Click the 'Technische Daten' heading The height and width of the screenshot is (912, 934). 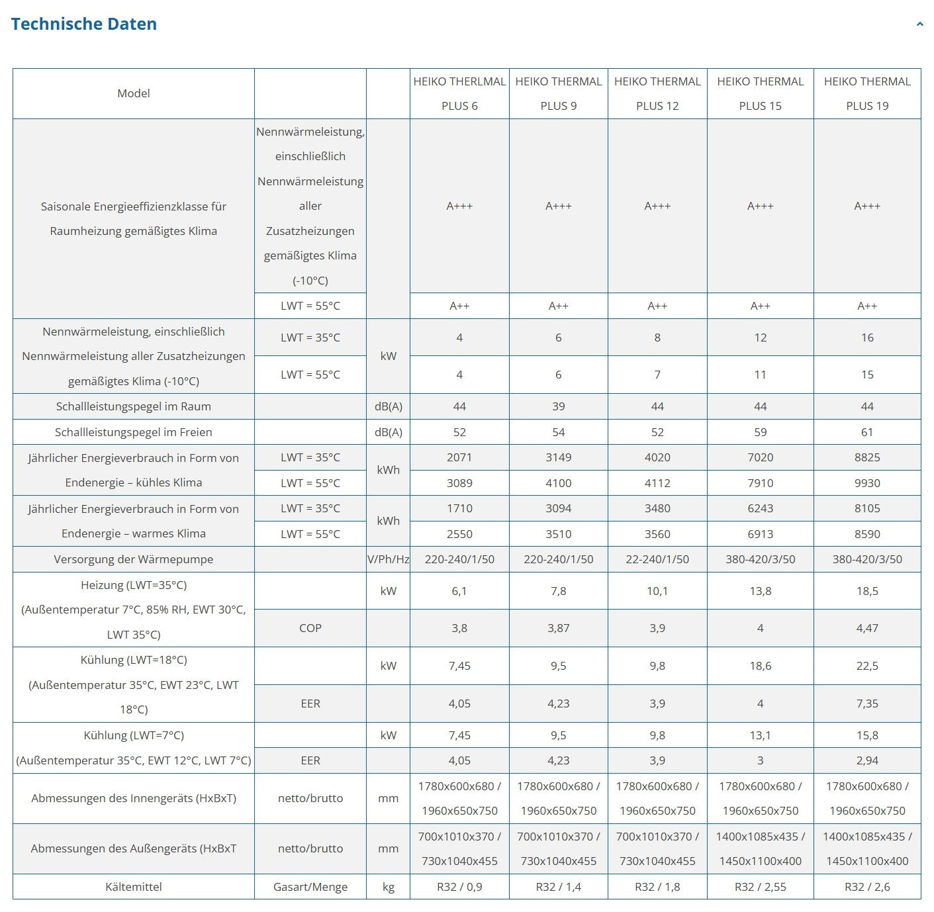[84, 24]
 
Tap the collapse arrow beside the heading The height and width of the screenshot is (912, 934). [919, 24]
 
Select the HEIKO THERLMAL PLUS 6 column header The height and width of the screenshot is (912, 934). [459, 93]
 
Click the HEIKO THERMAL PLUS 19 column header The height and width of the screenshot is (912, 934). [867, 93]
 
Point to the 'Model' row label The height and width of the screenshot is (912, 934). [134, 93]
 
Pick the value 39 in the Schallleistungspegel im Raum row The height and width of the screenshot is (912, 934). [558, 406]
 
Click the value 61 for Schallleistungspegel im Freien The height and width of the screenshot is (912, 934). [867, 432]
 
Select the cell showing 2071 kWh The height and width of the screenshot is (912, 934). [459, 457]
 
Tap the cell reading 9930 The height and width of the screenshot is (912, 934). [867, 483]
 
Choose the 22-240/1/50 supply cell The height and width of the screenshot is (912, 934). [657, 559]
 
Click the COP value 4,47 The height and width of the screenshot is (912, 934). [867, 628]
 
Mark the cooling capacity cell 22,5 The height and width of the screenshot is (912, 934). [867, 666]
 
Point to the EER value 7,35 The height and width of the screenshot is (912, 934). [867, 704]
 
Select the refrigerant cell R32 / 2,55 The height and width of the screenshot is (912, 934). [760, 887]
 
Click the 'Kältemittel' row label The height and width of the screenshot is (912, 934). [134, 887]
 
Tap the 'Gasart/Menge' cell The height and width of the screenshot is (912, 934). [310, 887]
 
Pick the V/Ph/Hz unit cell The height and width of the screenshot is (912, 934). [389, 559]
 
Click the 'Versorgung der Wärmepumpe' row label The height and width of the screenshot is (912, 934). [134, 559]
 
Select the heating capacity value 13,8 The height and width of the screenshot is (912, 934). [760, 591]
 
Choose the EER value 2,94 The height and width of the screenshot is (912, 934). [867, 760]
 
